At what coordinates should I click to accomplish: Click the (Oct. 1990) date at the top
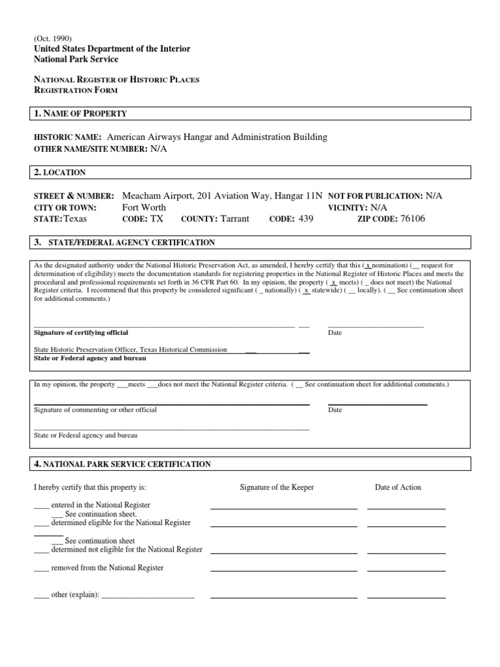[52, 38]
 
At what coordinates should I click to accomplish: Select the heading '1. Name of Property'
[80, 113]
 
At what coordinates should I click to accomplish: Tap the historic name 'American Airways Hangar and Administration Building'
[217, 137]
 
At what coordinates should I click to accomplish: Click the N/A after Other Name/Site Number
[159, 149]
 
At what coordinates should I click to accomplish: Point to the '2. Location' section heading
[59, 173]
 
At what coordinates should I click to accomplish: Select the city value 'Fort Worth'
[144, 207]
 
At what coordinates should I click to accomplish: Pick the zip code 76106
[412, 219]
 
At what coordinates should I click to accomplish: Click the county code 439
[305, 219]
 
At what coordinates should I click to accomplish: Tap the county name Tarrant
[234, 219]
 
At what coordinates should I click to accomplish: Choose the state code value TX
[157, 219]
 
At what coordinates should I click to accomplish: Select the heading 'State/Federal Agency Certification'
[129, 242]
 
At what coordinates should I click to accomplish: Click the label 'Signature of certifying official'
[81, 332]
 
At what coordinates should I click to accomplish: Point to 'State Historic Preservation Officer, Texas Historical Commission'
[130, 349]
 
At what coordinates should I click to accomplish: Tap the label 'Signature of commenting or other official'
[95, 410]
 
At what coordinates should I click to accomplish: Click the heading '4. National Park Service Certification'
[122, 464]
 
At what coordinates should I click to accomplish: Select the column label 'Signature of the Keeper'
[277, 487]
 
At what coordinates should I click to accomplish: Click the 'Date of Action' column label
[398, 487]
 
